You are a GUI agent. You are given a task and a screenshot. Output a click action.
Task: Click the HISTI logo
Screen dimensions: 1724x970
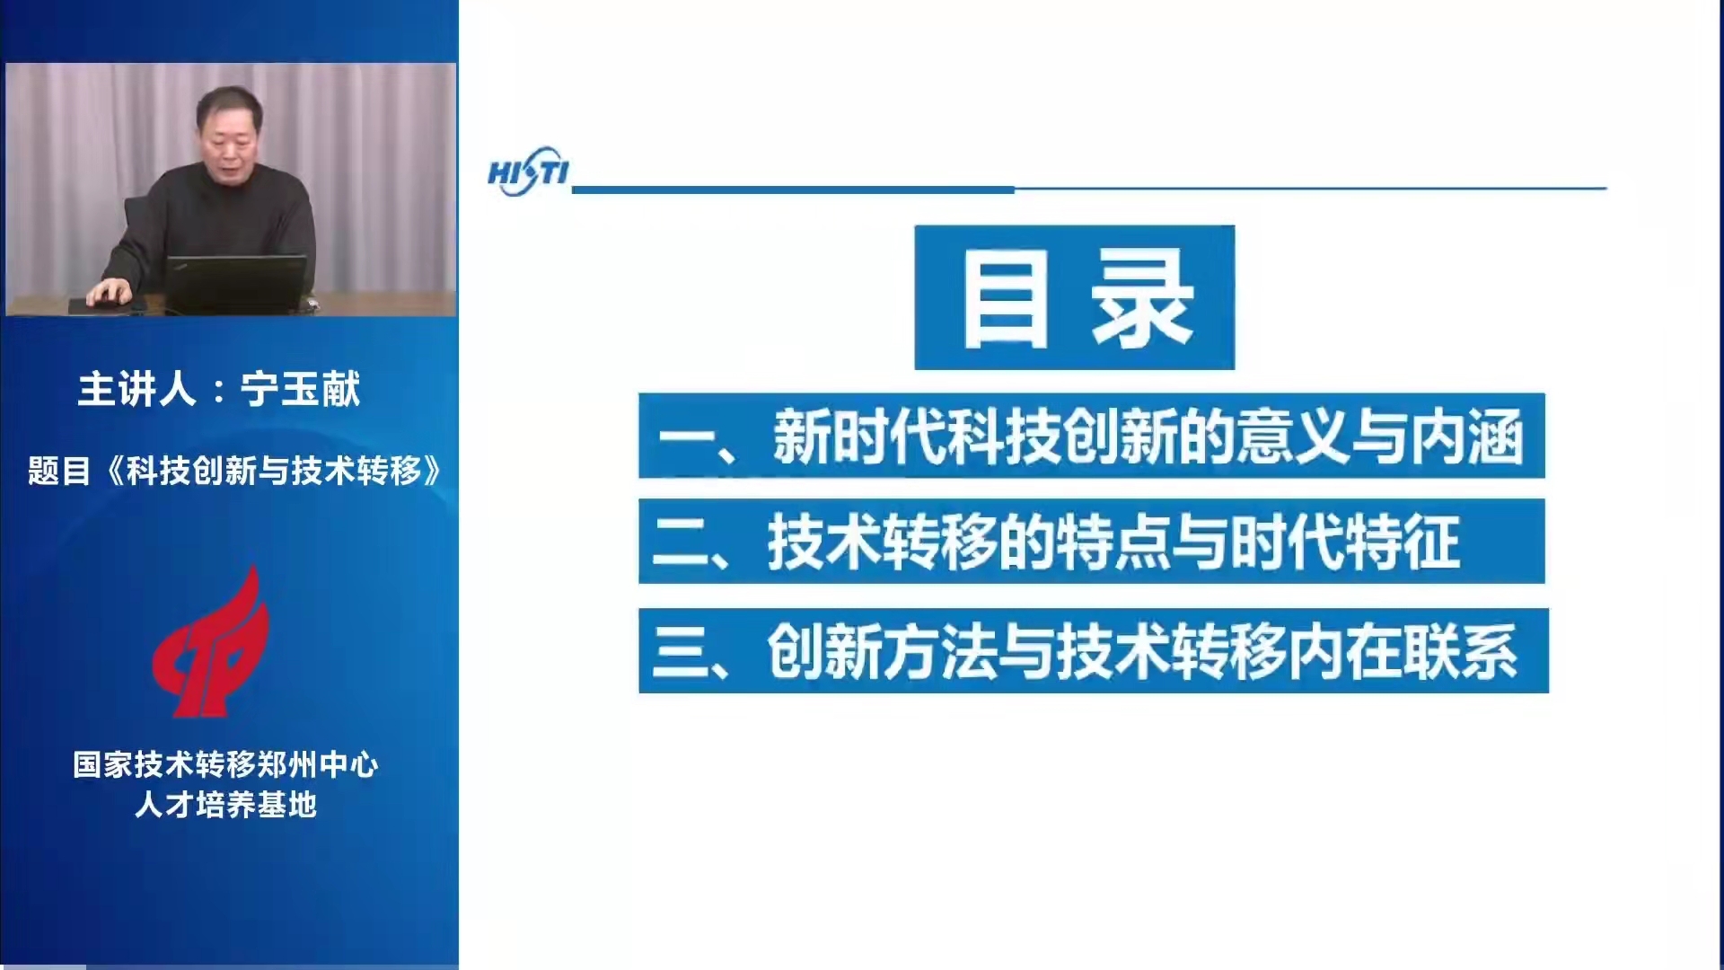tap(528, 172)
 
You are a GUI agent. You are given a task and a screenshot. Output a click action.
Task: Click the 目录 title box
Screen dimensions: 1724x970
tap(1074, 297)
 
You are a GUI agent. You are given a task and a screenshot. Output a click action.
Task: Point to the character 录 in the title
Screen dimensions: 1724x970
tap(1142, 297)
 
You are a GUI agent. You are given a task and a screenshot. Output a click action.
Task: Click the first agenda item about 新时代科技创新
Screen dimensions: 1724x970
tap(1091, 436)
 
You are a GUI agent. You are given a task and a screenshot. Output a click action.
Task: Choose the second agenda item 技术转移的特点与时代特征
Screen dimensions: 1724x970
tap(1091, 542)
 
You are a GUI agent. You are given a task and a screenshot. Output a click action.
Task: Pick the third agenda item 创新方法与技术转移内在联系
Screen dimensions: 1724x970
tap(1093, 650)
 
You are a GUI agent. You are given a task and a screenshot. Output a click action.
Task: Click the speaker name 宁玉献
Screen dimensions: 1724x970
tap(300, 389)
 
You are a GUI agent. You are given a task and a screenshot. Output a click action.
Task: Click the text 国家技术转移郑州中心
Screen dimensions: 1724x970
tap(225, 764)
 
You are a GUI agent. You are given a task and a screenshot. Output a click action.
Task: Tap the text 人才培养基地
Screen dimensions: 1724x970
tap(225, 804)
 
